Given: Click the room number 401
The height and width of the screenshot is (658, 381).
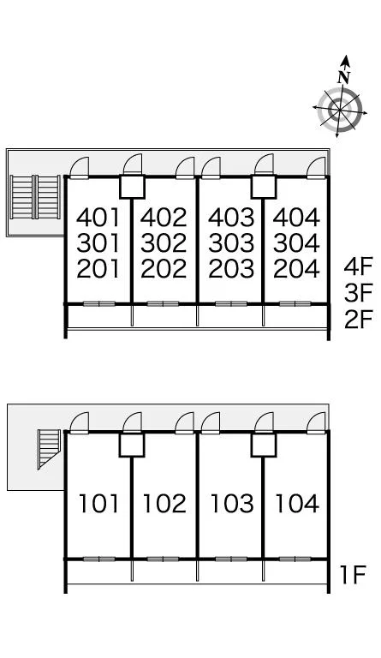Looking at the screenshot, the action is [98, 218].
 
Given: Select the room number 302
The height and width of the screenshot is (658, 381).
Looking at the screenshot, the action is [164, 243].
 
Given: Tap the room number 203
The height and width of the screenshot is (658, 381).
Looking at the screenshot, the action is [231, 269].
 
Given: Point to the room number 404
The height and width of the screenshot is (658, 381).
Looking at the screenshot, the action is [296, 218].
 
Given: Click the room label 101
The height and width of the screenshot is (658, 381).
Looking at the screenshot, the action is [99, 504].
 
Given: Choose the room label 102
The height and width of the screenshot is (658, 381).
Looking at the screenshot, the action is [164, 504].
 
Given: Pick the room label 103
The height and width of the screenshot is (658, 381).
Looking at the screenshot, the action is [232, 504].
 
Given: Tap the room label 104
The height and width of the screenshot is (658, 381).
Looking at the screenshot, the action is [297, 504].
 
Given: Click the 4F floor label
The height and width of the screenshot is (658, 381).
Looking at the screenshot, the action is [359, 266].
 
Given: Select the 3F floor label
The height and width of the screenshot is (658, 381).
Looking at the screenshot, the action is [359, 293].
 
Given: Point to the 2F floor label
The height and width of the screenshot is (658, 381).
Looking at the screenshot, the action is [359, 320].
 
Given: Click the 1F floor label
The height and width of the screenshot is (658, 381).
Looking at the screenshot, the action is [353, 575].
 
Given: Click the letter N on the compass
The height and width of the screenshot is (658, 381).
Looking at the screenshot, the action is [344, 78].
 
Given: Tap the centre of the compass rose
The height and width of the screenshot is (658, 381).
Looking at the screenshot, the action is [340, 110].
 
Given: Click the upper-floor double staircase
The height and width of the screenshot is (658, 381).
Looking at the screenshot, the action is [35, 197].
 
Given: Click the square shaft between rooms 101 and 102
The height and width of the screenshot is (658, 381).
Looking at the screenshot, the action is [132, 445].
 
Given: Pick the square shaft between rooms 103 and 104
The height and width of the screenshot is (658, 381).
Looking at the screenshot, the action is [264, 445].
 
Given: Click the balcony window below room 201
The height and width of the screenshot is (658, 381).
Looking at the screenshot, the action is [99, 304].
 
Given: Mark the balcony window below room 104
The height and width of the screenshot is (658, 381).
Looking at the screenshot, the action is [295, 559].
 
